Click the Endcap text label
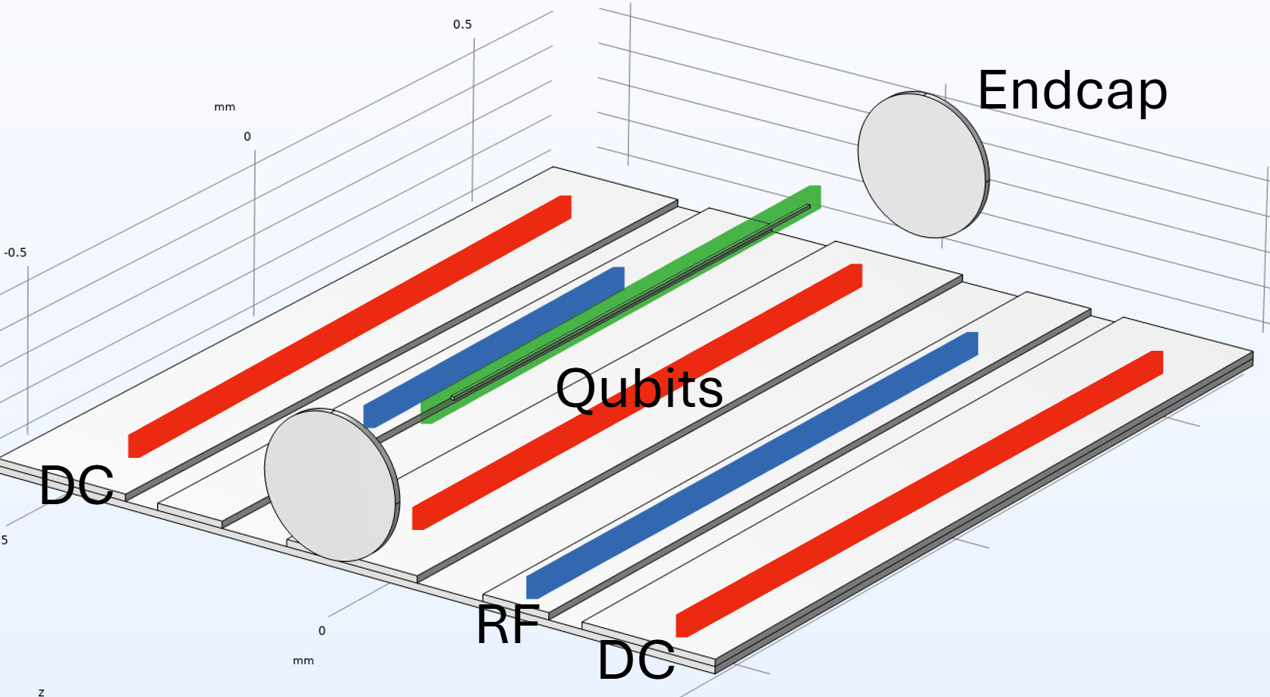point(1072,91)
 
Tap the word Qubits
point(639,389)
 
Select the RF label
point(508,625)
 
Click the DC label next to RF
point(636,660)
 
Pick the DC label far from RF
point(76,485)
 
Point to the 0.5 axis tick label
point(462,24)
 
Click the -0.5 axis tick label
point(15,253)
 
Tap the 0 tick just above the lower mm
point(322,631)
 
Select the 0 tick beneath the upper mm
point(247,137)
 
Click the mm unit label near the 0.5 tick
point(225,107)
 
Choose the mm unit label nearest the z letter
point(303,661)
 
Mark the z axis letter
point(41,692)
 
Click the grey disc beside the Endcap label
point(923,165)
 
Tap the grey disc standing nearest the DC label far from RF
point(331,484)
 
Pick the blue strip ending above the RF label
point(752,465)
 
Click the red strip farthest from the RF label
point(349,326)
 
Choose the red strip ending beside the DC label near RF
point(919,494)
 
